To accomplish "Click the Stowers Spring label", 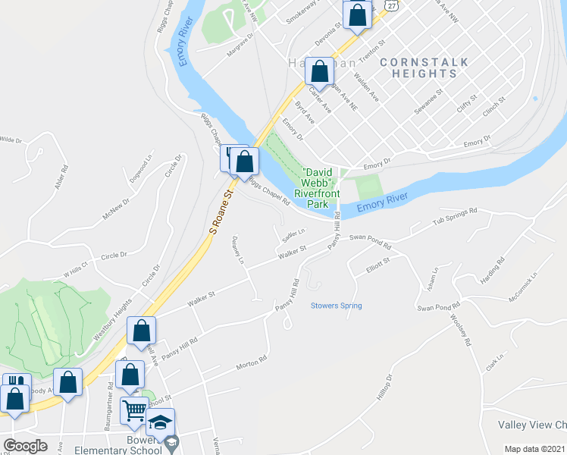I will [x=336, y=306].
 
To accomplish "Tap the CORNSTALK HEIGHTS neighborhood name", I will [x=424, y=67].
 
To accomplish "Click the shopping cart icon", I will [x=136, y=410].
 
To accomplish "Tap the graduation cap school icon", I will [x=160, y=422].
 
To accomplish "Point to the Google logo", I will [x=25, y=445].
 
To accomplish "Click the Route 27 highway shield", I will [x=390, y=4].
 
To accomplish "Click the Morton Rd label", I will [x=252, y=363].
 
